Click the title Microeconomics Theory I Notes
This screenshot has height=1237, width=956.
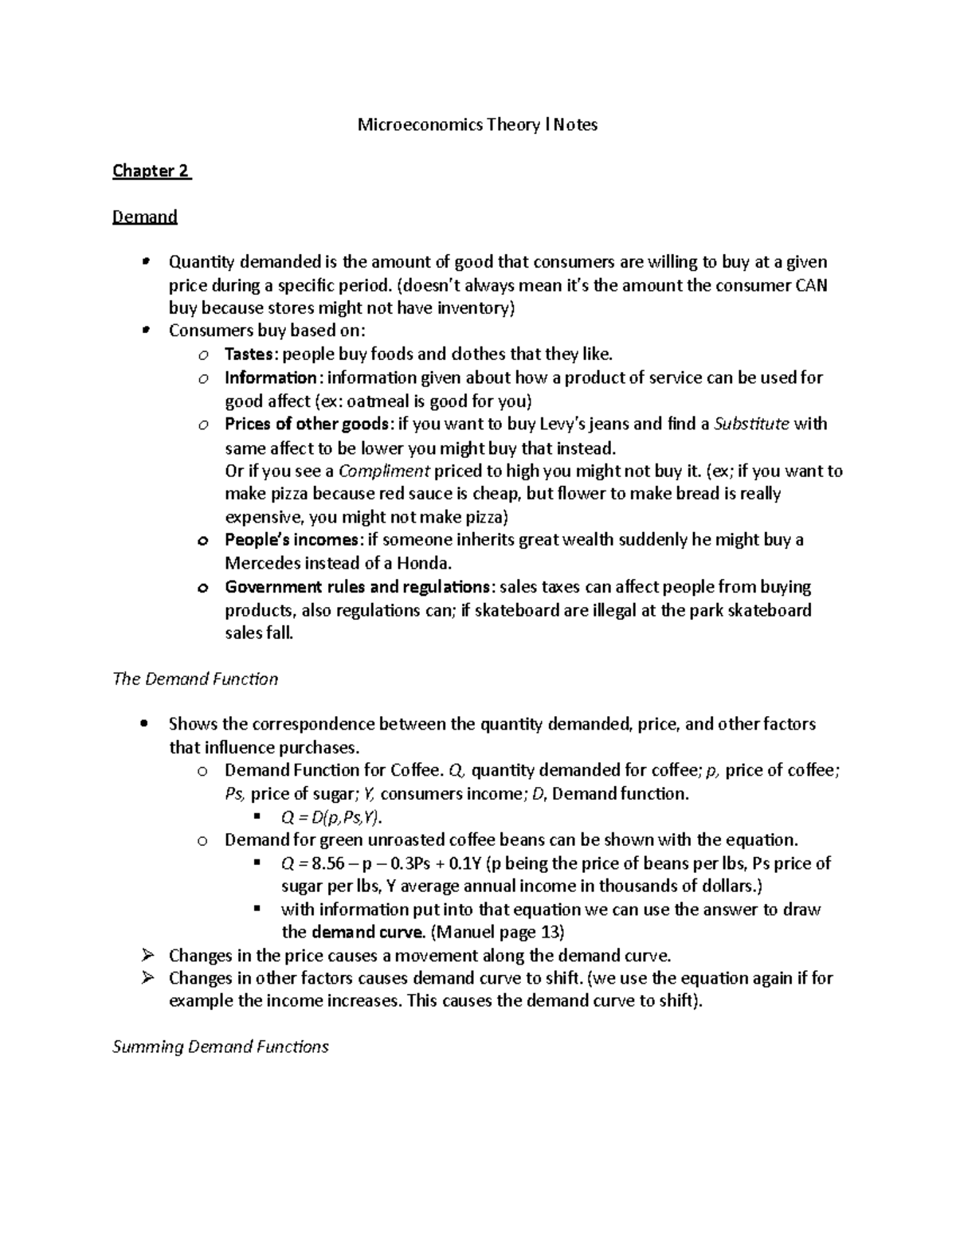[x=476, y=125]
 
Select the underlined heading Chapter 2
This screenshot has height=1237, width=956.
[x=151, y=171]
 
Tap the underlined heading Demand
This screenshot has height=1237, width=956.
[x=144, y=217]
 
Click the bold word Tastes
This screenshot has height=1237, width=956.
[x=249, y=354]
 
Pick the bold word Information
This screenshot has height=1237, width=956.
[x=271, y=378]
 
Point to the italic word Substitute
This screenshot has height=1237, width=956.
[x=751, y=424]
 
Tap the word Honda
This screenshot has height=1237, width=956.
[x=425, y=564]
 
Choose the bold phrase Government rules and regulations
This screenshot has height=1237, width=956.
[x=357, y=587]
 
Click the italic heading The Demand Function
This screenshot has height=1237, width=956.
[x=195, y=679]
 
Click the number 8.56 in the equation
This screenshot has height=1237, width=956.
[x=323, y=863]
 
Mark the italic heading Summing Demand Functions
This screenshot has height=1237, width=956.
[x=220, y=1047]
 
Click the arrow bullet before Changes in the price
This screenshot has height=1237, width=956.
[x=146, y=955]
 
